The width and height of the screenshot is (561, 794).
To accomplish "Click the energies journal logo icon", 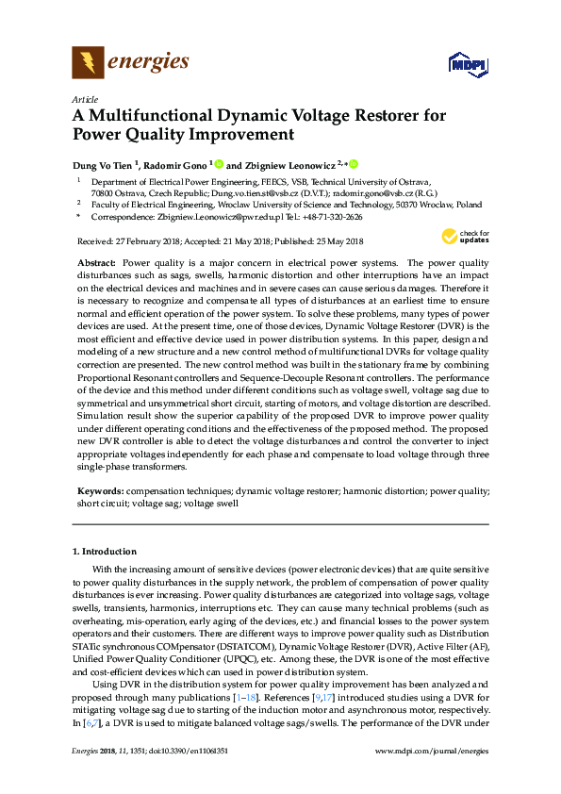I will coord(89,63).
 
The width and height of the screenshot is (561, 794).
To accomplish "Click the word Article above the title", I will coord(84,98).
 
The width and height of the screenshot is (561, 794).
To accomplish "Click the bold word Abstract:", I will coord(97,261).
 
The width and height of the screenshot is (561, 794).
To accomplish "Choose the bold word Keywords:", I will coord(100,491).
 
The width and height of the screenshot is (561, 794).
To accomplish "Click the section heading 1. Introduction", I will coord(104,551).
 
